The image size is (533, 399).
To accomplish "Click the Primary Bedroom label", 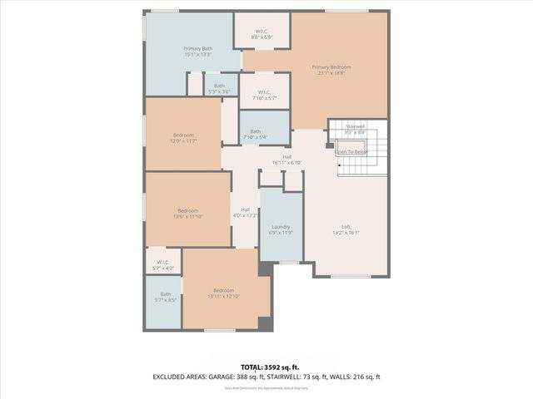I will [331, 70].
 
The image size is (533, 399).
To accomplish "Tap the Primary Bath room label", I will [197, 52].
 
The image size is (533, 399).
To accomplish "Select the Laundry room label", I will [281, 229].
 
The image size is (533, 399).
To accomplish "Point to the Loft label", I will [346, 229].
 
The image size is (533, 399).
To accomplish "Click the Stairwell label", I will [356, 129].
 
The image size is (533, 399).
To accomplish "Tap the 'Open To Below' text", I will [351, 152].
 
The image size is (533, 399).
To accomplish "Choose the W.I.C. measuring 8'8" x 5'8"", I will [262, 33].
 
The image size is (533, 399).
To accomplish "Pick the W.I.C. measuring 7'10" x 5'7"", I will [264, 95].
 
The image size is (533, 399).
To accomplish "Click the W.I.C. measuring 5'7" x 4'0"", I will [163, 264].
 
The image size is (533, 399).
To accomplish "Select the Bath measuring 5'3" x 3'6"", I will [219, 88].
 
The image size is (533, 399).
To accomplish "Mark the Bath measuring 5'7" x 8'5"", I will [165, 297].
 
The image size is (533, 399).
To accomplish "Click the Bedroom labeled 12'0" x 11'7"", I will [183, 138].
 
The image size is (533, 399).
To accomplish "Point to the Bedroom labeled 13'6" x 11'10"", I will [189, 213].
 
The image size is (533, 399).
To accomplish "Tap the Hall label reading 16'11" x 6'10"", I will [286, 160].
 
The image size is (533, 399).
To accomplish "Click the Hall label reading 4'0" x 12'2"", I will [245, 212].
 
